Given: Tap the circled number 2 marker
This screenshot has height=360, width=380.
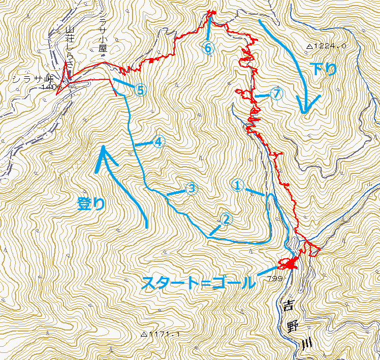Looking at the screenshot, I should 227,219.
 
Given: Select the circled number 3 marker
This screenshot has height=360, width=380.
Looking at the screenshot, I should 191,189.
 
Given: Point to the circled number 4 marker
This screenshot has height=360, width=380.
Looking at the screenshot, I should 159,142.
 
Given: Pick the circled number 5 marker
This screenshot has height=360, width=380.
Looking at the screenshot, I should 141,90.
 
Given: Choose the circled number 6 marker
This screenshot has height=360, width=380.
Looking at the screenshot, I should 208,47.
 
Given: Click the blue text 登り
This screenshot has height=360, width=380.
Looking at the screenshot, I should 92,204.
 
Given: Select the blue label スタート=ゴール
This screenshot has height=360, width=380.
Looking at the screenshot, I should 199,283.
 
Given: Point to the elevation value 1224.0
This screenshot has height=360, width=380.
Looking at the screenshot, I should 330,46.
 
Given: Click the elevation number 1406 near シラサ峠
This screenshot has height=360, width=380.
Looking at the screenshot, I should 53,87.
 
